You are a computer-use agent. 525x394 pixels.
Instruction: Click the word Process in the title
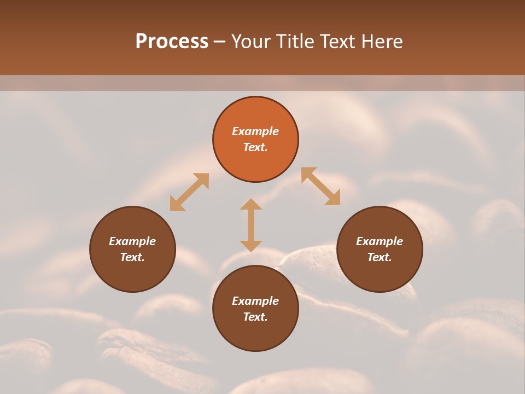(x=172, y=42)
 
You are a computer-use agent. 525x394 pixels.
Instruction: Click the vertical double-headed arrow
(x=251, y=225)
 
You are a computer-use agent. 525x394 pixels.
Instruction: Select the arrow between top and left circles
(x=189, y=192)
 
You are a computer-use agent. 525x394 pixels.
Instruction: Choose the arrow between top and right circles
(x=321, y=186)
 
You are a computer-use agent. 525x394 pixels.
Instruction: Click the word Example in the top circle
(x=255, y=131)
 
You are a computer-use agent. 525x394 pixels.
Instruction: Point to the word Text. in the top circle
(x=255, y=147)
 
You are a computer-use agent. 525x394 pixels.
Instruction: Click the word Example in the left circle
(x=132, y=241)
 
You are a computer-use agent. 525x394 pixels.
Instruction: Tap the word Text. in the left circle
(x=132, y=257)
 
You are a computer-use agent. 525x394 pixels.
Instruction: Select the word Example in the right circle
(x=380, y=241)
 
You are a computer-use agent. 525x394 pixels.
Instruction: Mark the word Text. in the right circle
(x=380, y=257)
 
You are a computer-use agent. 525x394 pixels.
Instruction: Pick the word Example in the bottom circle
(x=255, y=301)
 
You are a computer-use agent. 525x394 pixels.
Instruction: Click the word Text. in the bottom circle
(x=255, y=317)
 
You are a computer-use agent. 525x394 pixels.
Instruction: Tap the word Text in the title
(x=337, y=42)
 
